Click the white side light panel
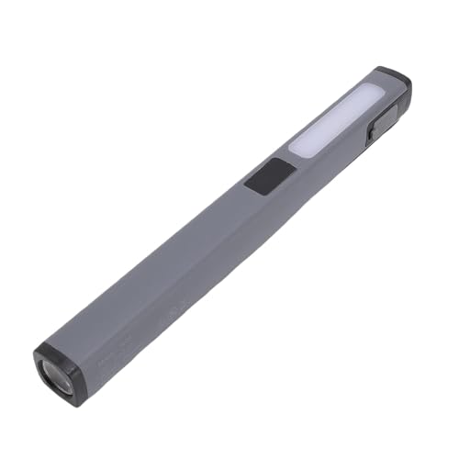[x=336, y=118]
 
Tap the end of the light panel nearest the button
[x=298, y=147]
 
